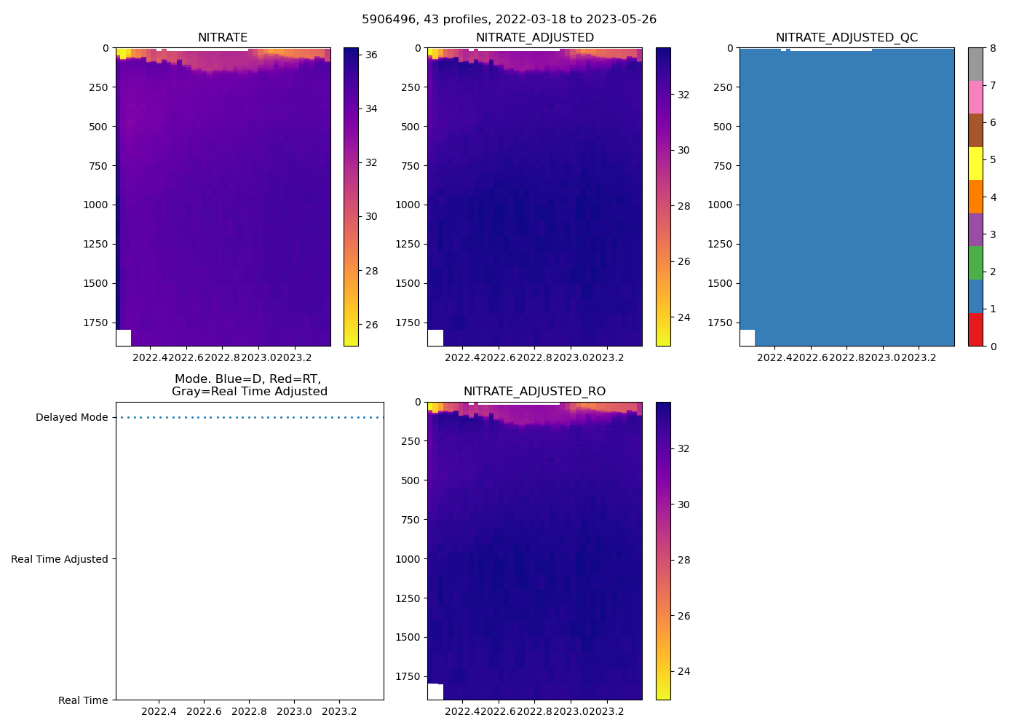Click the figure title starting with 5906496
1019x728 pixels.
(509, 20)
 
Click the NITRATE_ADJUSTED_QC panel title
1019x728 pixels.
(846, 38)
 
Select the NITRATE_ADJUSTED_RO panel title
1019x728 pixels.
(534, 392)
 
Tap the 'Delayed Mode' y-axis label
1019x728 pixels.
(71, 418)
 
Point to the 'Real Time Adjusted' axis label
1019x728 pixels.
(59, 559)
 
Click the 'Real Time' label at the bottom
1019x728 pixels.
(83, 700)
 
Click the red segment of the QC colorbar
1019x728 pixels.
(975, 330)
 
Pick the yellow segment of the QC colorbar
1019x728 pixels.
(975, 164)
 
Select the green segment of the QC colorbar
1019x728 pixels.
(975, 263)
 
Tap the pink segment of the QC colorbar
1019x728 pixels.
(975, 98)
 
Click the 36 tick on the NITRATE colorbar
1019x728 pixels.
(371, 55)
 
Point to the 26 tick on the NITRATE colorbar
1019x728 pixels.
(371, 325)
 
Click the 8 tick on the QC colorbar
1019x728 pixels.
(993, 48)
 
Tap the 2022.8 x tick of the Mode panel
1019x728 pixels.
(249, 711)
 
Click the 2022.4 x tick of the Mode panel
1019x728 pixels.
(159, 711)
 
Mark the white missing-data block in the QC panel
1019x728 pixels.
(748, 338)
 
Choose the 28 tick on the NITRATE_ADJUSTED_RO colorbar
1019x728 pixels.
(683, 561)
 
